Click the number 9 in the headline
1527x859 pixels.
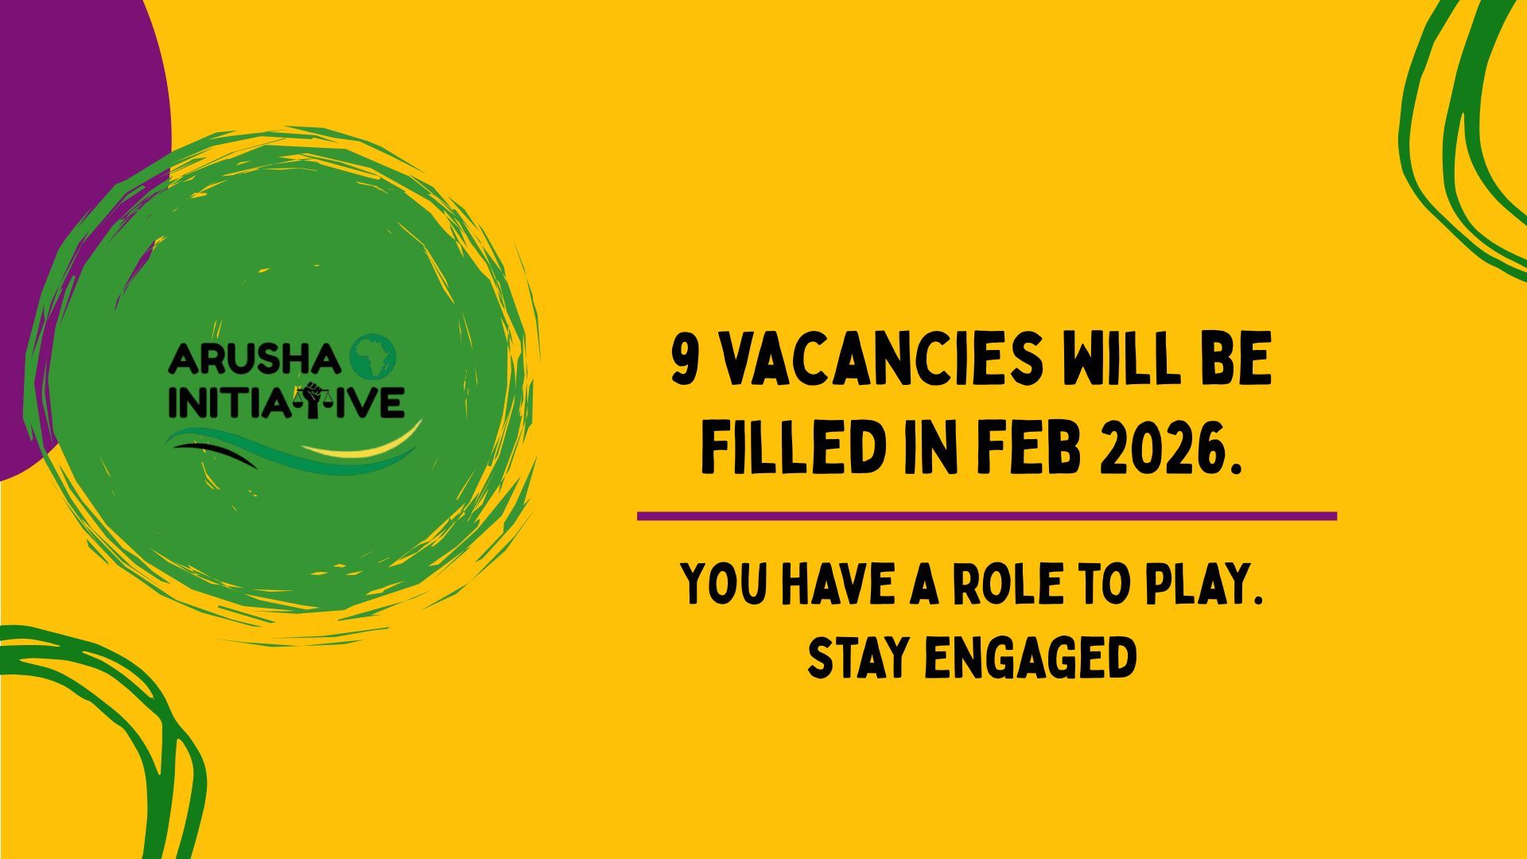click(x=685, y=360)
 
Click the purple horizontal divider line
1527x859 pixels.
click(x=987, y=516)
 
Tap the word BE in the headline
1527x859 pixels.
click(x=1239, y=360)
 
